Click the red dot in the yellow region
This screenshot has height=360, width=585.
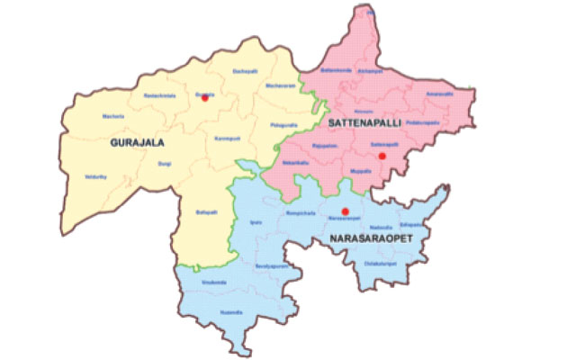[x=205, y=99]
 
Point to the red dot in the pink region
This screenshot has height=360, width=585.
[x=382, y=157]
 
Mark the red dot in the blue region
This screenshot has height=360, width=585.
[x=346, y=211]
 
